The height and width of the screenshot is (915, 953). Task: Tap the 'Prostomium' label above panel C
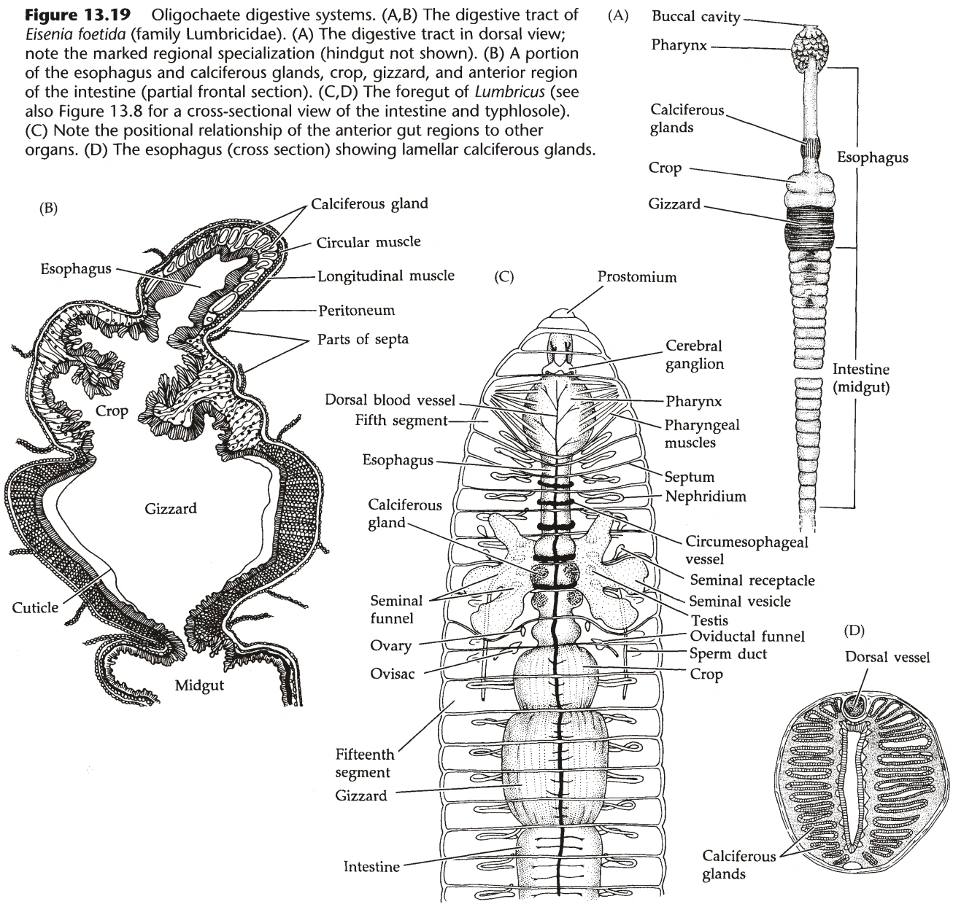click(636, 277)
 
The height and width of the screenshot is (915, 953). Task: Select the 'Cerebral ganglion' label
click(694, 355)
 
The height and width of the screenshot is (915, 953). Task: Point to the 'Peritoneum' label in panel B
click(356, 311)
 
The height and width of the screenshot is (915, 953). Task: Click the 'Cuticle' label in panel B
click(35, 607)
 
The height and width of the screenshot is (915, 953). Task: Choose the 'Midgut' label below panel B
click(199, 685)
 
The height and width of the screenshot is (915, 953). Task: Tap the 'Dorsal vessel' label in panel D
click(887, 657)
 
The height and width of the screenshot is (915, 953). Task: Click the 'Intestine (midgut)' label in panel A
click(861, 379)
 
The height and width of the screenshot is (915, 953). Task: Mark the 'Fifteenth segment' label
click(365, 763)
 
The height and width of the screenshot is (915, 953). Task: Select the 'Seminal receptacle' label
click(752, 580)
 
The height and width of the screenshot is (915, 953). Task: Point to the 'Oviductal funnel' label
click(747, 636)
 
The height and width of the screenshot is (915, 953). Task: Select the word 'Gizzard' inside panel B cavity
click(171, 508)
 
